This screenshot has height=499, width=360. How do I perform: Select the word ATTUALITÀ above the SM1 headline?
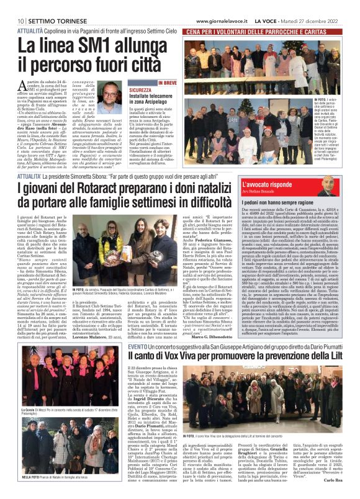point(30,30)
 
